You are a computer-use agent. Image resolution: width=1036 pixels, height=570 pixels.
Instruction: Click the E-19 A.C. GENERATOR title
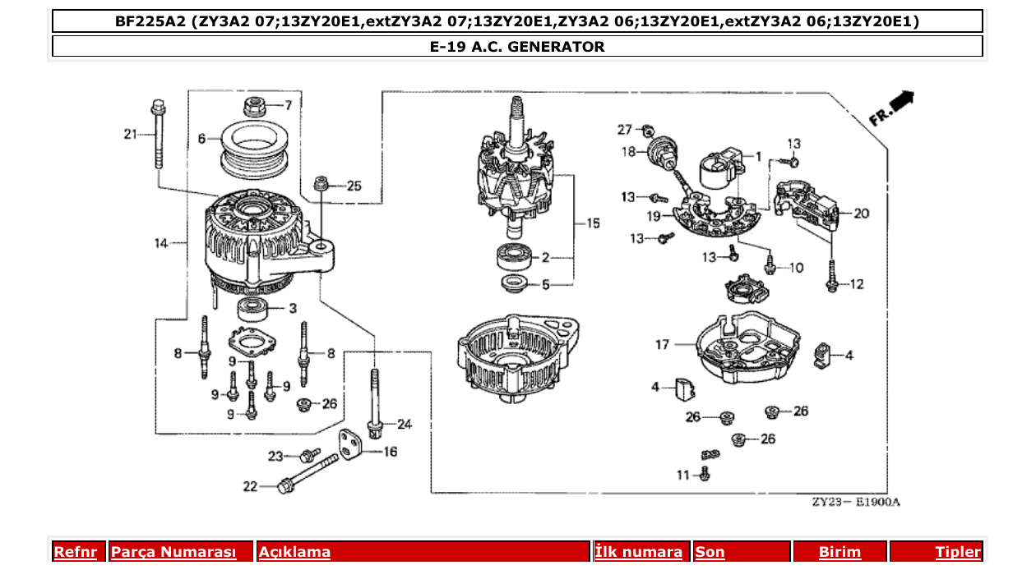tap(517, 47)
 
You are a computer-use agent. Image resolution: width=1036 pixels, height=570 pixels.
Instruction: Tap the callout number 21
tap(129, 134)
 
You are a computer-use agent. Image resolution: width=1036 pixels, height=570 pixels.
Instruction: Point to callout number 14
tap(161, 243)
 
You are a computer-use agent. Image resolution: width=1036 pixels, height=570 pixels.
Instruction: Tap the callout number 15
tap(592, 223)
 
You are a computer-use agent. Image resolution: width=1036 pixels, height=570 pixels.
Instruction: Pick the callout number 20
tap(861, 214)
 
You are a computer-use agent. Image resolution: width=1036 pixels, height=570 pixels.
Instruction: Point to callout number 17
tap(663, 345)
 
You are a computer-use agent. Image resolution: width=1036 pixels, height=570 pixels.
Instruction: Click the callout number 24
tap(404, 425)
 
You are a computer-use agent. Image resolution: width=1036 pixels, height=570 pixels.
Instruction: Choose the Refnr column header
tap(75, 552)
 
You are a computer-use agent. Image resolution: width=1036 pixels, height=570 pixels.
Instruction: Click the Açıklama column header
tap(294, 552)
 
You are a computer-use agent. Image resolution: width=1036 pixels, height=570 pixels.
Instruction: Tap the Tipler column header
tap(958, 552)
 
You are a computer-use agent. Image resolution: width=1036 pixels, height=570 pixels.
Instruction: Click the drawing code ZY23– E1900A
tap(856, 502)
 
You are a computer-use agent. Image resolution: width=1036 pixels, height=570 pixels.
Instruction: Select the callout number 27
tap(625, 129)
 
